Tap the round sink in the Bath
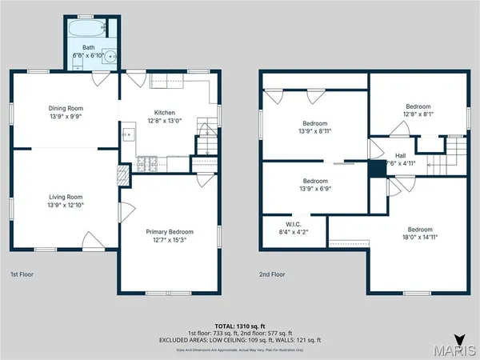[108, 57]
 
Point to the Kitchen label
[165, 113]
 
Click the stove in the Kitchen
[147, 166]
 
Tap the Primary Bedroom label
[170, 232]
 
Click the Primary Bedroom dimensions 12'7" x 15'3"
[170, 241]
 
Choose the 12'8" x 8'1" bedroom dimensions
[418, 114]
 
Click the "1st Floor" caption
[22, 274]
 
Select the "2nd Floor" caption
[272, 274]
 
